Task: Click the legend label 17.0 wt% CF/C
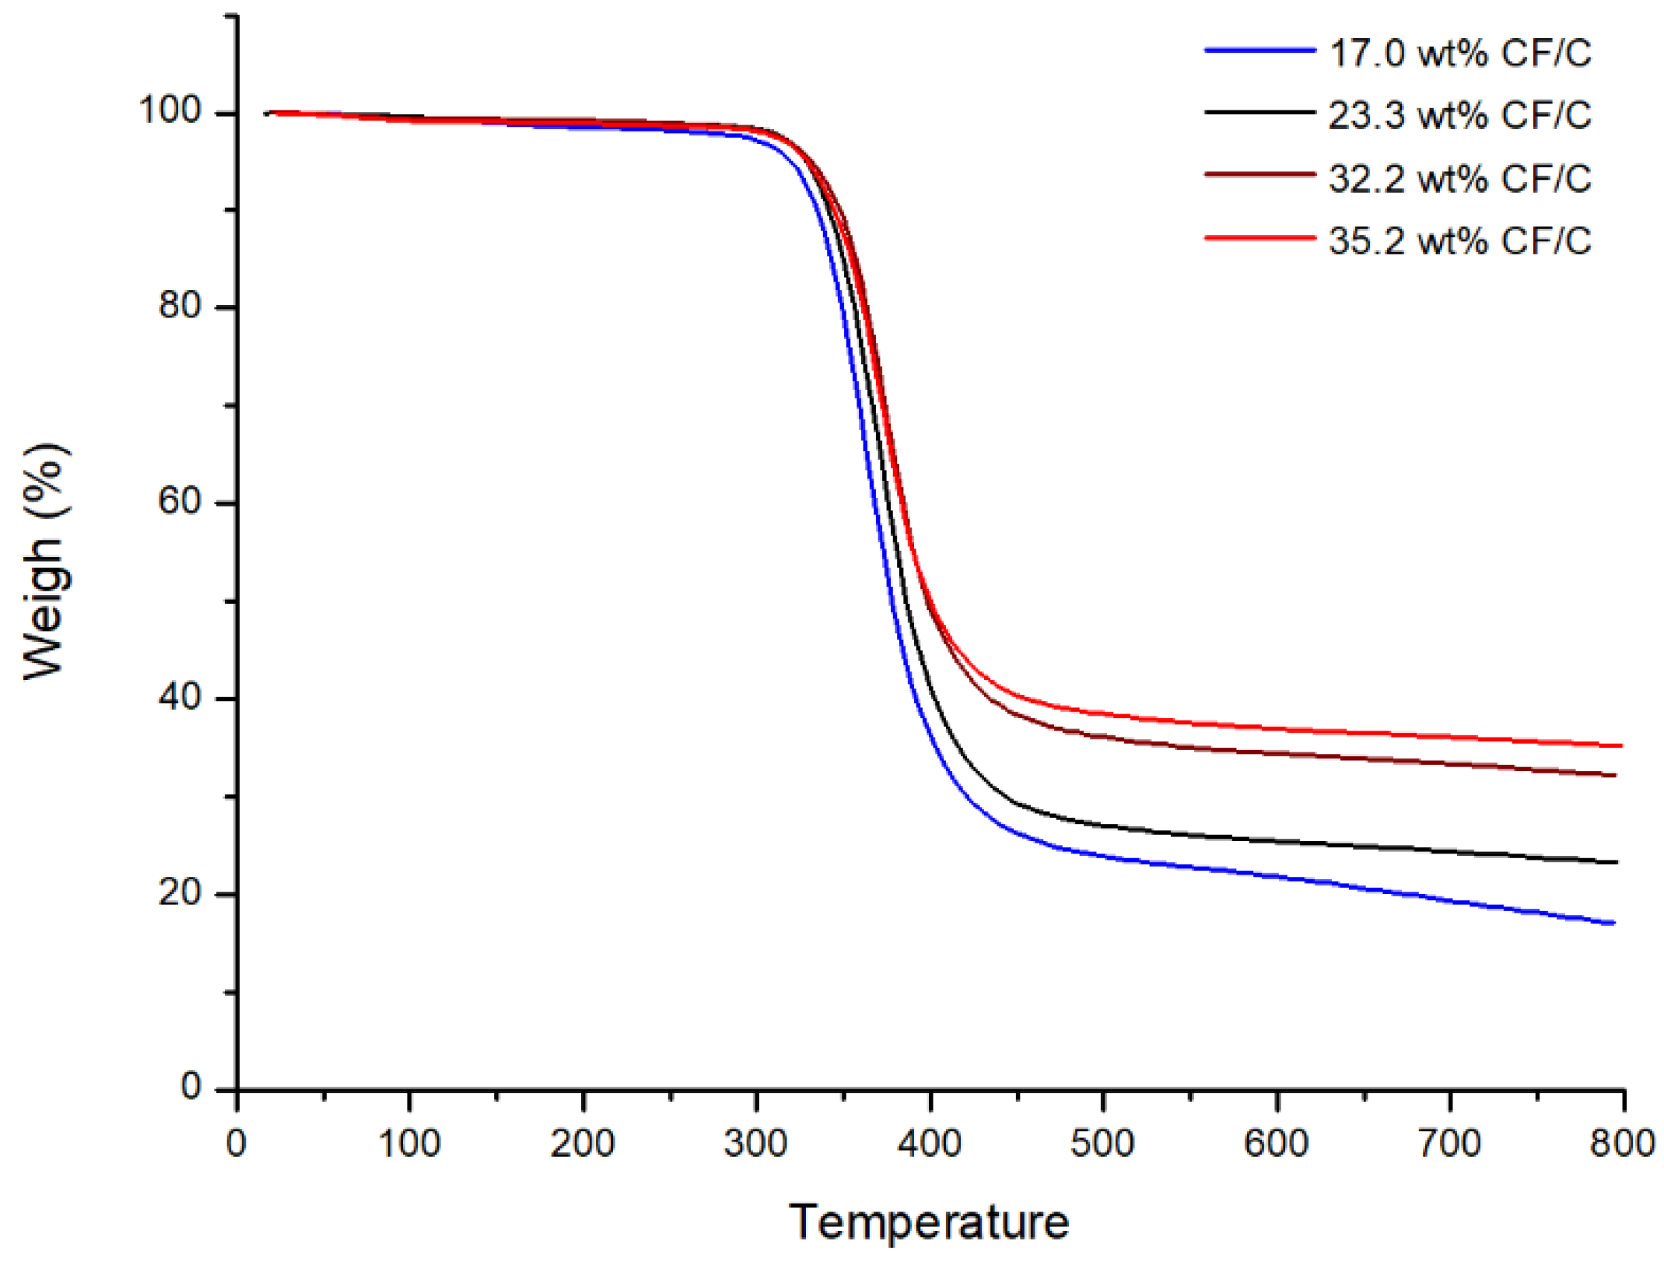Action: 1459,53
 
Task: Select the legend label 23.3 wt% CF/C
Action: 1459,115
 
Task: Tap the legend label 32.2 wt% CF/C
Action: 1459,178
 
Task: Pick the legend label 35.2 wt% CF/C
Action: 1459,240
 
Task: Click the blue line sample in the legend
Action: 1259,51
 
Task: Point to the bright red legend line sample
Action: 1259,237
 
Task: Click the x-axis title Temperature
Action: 929,1222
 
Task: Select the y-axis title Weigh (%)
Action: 45,562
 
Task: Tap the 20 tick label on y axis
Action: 180,892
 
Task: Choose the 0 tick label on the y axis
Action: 191,1086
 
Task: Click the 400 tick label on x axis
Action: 929,1144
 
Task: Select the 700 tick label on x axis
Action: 1449,1144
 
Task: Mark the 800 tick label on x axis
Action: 1622,1144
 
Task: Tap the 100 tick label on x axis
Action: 409,1144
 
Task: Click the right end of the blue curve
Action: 1613,923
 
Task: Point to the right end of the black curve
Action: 1616,862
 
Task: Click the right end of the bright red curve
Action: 1620,745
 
